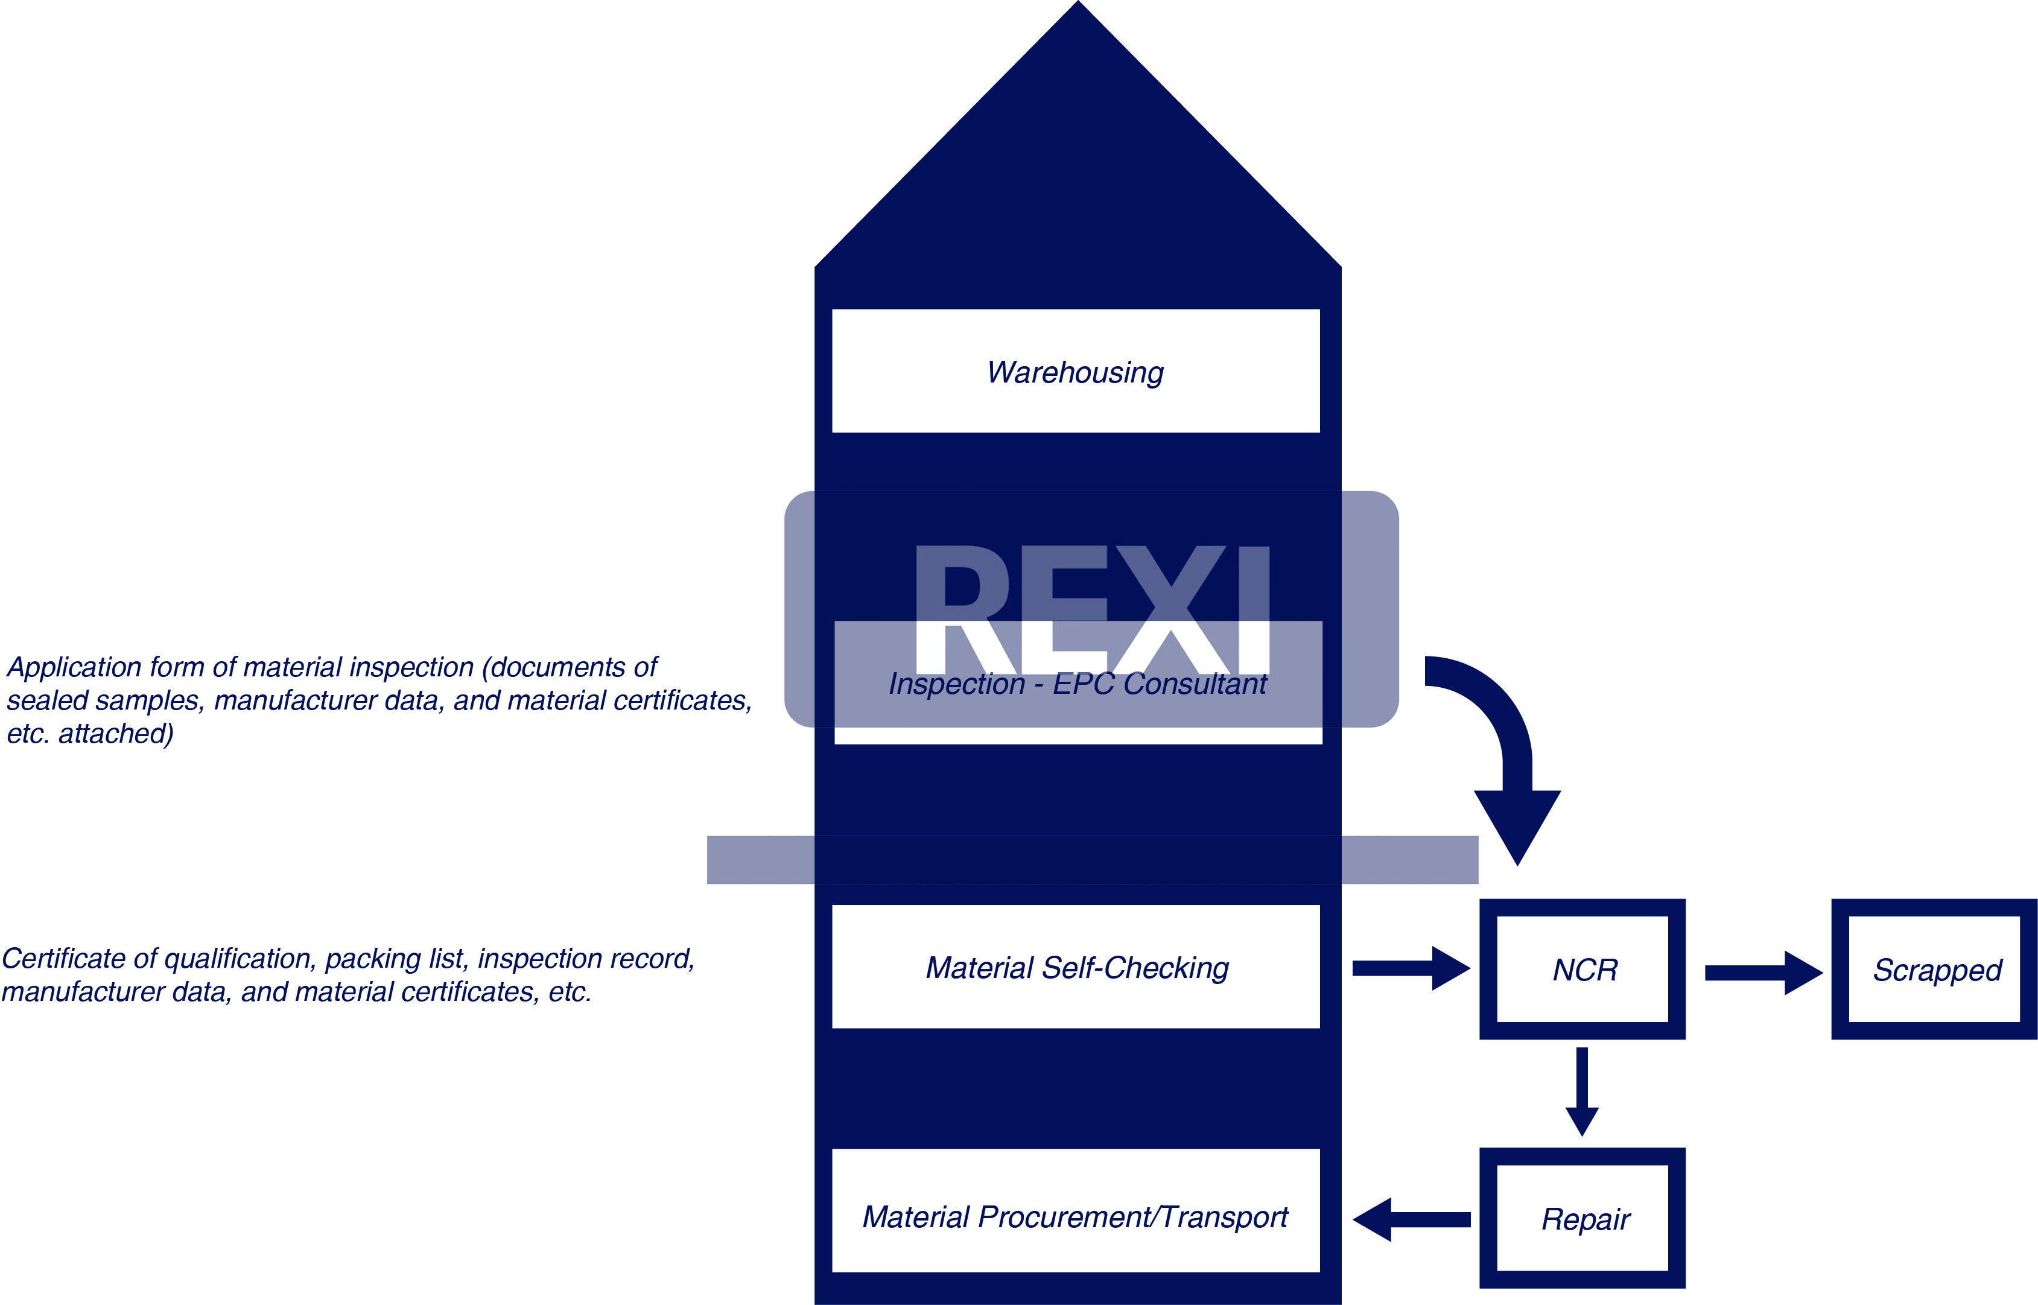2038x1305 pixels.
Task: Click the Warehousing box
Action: point(1075,371)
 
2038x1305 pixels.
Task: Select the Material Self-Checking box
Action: point(1075,967)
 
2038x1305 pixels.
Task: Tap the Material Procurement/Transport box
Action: point(1075,1216)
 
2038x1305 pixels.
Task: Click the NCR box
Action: point(1582,968)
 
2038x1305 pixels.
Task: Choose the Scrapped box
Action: point(1935,968)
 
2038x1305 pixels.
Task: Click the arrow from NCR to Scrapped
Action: point(1763,972)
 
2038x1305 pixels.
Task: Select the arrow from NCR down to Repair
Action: point(1582,1091)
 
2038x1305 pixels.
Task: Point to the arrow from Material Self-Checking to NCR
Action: point(1411,968)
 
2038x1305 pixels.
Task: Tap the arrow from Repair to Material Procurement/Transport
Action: point(1411,1219)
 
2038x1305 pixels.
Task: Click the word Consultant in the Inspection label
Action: point(1195,683)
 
